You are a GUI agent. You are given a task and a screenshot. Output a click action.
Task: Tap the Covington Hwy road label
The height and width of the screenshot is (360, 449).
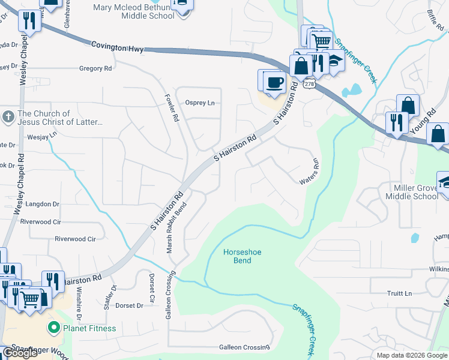coord(117,46)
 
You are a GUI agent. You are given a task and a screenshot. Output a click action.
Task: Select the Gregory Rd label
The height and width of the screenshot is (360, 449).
coord(95,69)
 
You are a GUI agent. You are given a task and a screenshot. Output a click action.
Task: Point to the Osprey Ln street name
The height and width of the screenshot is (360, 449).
coord(200,103)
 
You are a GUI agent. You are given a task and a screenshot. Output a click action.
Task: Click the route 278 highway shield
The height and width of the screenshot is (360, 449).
coord(309,84)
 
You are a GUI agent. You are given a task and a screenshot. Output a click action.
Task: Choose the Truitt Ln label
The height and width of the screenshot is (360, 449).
coord(400,293)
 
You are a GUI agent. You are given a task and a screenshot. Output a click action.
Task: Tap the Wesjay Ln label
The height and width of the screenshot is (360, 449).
coord(41,137)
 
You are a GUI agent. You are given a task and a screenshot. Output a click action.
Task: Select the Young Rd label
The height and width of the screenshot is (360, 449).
coord(422,122)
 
